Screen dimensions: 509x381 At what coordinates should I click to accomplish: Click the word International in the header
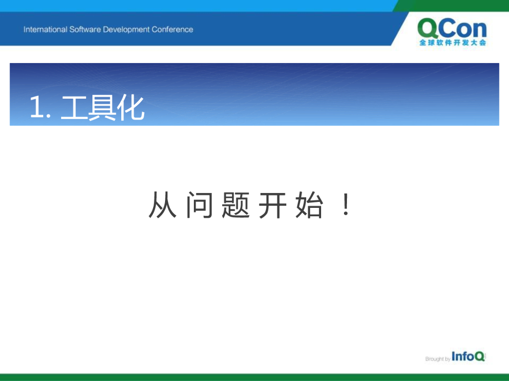coord(45,29)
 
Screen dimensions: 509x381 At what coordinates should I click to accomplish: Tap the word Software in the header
coord(85,29)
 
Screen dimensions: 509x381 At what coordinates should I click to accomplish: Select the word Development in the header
coord(126,30)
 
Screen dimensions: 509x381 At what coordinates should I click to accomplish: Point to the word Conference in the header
coord(172,29)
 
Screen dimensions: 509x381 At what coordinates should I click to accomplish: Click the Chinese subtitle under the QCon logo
coord(453,43)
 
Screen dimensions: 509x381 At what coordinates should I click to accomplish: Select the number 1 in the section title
coord(36,107)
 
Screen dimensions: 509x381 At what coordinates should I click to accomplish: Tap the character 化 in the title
coord(131,108)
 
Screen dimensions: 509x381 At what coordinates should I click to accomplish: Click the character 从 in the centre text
coord(163,204)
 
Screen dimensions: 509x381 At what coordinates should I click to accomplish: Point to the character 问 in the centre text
coord(200,204)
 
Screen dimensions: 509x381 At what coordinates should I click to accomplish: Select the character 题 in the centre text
coord(236,204)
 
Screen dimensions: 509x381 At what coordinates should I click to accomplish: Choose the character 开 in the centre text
coord(272,205)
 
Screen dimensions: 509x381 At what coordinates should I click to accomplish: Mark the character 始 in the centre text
coord(309,204)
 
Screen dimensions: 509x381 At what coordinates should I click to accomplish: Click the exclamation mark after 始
coord(346,204)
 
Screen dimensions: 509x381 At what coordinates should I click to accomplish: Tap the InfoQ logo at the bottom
coord(468,356)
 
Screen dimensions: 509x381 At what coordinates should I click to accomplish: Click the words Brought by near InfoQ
coord(437,359)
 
